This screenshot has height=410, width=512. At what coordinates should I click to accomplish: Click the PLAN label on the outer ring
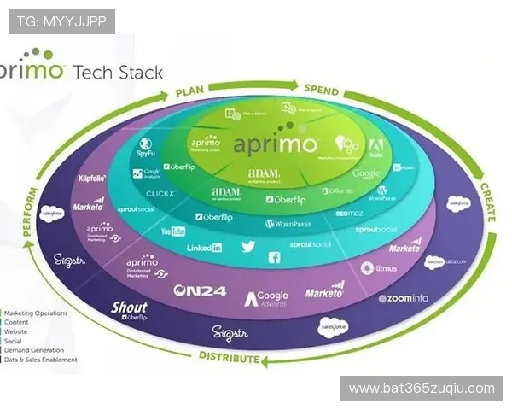[193, 91]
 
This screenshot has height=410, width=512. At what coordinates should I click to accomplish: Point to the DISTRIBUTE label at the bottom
[228, 356]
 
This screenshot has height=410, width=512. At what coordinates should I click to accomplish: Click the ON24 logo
[199, 291]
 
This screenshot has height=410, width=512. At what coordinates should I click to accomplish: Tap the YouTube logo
[173, 231]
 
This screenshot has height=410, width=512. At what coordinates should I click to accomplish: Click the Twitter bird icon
[248, 246]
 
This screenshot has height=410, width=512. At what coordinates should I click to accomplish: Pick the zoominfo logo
[404, 298]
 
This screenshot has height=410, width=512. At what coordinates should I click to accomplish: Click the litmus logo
[380, 268]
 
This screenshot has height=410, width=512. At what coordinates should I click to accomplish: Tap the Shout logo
[129, 309]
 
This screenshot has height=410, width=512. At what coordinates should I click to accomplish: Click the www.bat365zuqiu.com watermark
[422, 389]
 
